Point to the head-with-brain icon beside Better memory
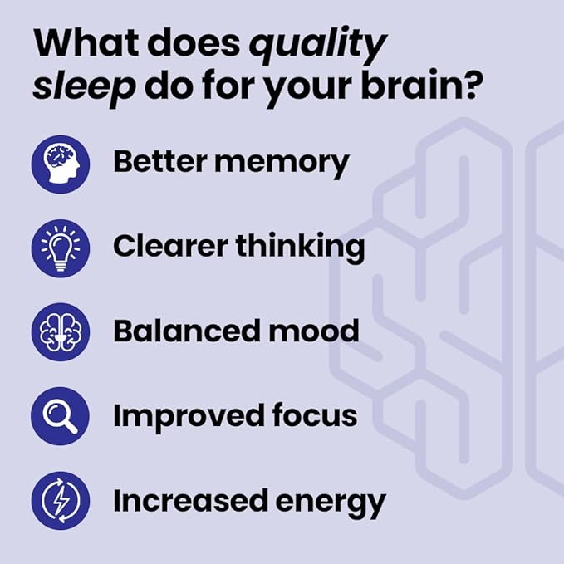pyautogui.click(x=60, y=163)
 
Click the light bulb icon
pyautogui.click(x=60, y=248)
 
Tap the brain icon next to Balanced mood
pyautogui.click(x=60, y=331)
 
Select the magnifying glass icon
pyautogui.click(x=60, y=416)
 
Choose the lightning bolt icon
pyautogui.click(x=60, y=501)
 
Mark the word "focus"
pyautogui.click(x=312, y=415)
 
